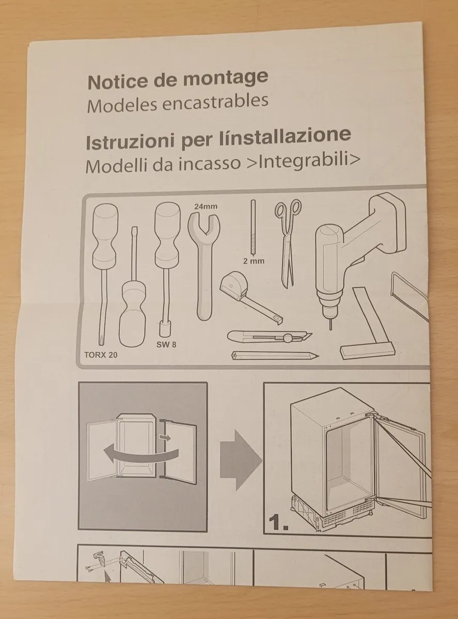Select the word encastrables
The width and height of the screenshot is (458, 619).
[216, 101]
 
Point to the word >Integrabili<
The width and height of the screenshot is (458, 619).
[308, 161]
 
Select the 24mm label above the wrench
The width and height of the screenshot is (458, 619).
[206, 206]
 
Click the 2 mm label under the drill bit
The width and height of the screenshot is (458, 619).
[254, 261]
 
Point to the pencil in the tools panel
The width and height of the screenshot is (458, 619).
[274, 355]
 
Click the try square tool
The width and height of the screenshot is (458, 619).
[369, 330]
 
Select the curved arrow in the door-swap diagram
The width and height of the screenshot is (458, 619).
[139, 454]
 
